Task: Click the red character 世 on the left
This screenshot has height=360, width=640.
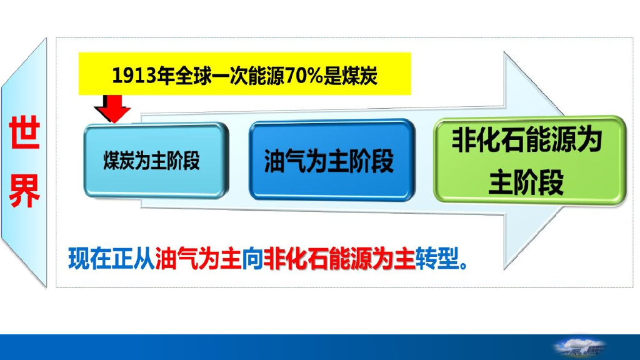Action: click(x=24, y=135)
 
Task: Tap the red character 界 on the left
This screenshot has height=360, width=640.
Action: click(x=24, y=190)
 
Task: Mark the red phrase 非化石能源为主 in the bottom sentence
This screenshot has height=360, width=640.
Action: click(x=339, y=257)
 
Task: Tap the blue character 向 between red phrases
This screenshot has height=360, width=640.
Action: click(x=252, y=257)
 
